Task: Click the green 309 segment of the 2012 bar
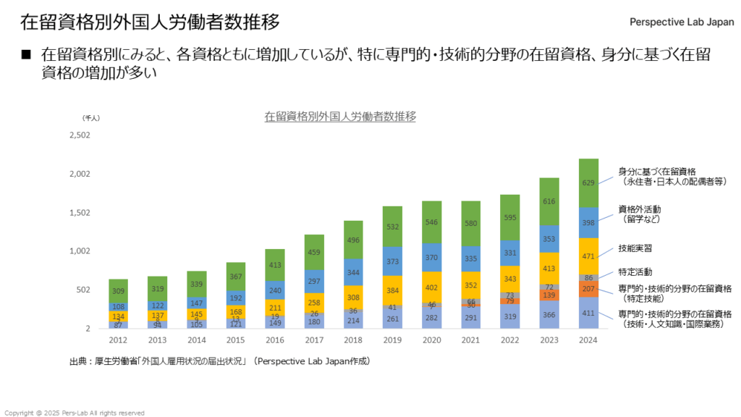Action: click(x=119, y=291)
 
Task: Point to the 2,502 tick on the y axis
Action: click(x=80, y=135)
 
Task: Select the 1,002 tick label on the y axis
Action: click(x=80, y=251)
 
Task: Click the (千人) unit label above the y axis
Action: click(x=92, y=117)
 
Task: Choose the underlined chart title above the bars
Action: click(x=340, y=116)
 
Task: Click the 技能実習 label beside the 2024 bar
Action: click(x=635, y=248)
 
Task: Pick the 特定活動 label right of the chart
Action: click(x=635, y=272)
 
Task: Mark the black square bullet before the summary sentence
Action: click(x=27, y=54)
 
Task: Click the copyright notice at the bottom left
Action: click(x=75, y=413)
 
